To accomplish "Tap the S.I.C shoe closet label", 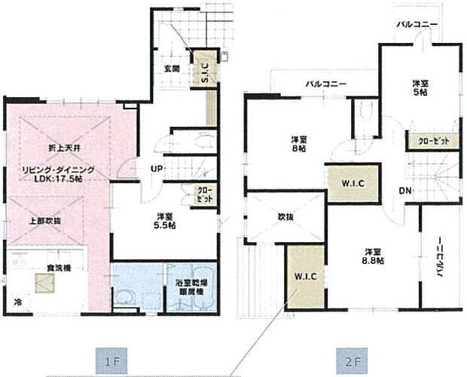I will [205, 70].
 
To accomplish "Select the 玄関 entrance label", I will [171, 69].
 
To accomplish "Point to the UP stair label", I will [157, 168].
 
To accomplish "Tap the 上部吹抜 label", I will [26, 220].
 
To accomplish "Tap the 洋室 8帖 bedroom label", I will [299, 144].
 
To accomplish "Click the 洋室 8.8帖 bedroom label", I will [370, 256].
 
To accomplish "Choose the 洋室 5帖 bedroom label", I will [420, 87].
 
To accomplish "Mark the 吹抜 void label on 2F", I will [264, 216].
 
